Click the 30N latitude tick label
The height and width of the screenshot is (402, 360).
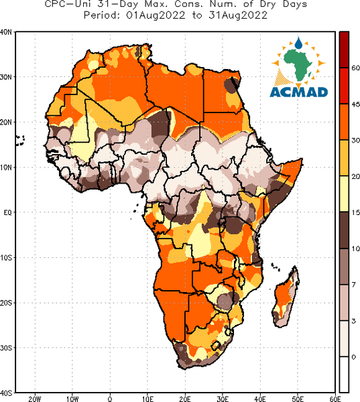point(5,77)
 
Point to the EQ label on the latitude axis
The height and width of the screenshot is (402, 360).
point(7,212)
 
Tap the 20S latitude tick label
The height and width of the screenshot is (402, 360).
point(5,303)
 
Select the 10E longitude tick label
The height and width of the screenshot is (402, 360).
point(147,399)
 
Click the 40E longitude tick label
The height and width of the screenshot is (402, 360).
point(260,399)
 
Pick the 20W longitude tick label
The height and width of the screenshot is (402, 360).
point(35,399)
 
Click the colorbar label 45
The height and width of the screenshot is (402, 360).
point(356,105)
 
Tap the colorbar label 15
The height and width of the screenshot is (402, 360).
point(356,212)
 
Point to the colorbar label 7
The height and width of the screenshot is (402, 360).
point(354,285)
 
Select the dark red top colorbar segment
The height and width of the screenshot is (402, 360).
point(344,50)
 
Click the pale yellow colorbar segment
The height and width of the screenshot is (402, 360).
point(344,194)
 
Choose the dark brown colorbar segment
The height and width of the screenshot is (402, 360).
point(344,230)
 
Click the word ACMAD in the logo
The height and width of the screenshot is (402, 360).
point(299,92)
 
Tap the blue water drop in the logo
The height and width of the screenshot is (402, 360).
point(298,43)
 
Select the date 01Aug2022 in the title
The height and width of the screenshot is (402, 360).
point(156,15)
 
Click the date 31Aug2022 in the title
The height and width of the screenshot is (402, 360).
point(238,15)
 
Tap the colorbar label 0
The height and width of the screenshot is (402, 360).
point(354,357)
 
